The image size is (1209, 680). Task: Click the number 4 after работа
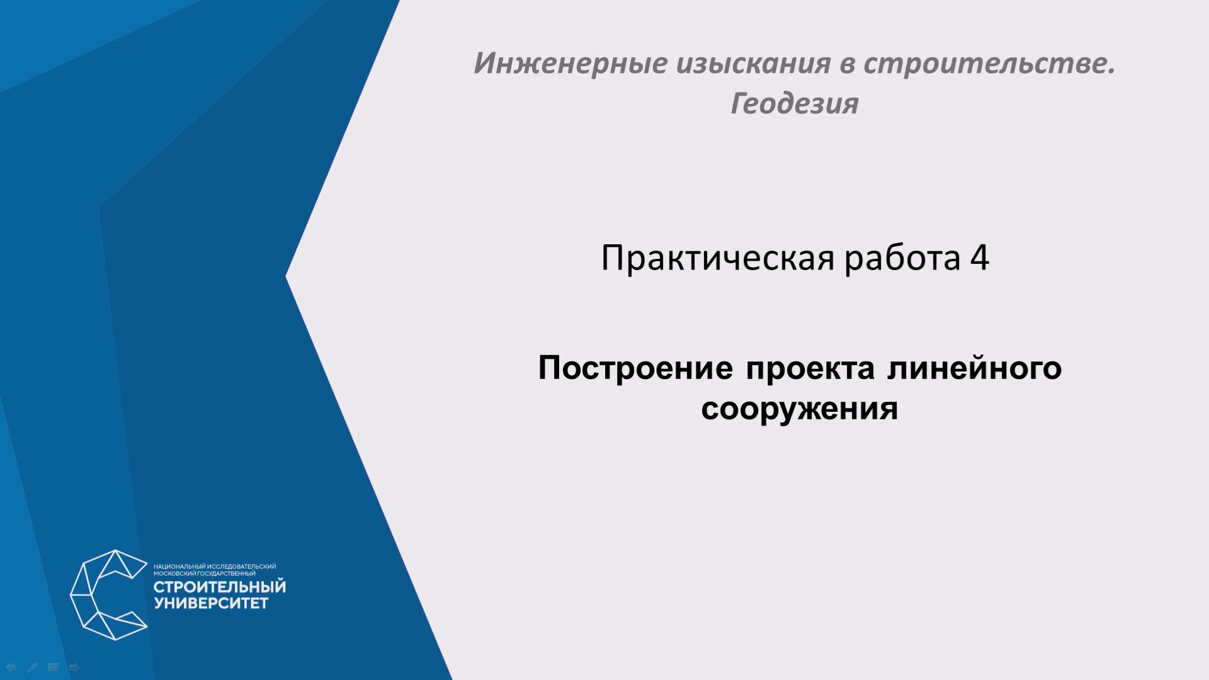point(980,258)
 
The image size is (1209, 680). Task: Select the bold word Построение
point(635,369)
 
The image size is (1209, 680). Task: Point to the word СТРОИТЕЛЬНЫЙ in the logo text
point(220,587)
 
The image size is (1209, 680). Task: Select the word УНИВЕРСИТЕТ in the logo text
point(211,604)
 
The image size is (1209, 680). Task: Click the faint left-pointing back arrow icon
point(11,667)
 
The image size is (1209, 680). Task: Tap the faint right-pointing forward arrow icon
point(74,667)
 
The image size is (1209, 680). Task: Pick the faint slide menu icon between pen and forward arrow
point(54,667)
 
